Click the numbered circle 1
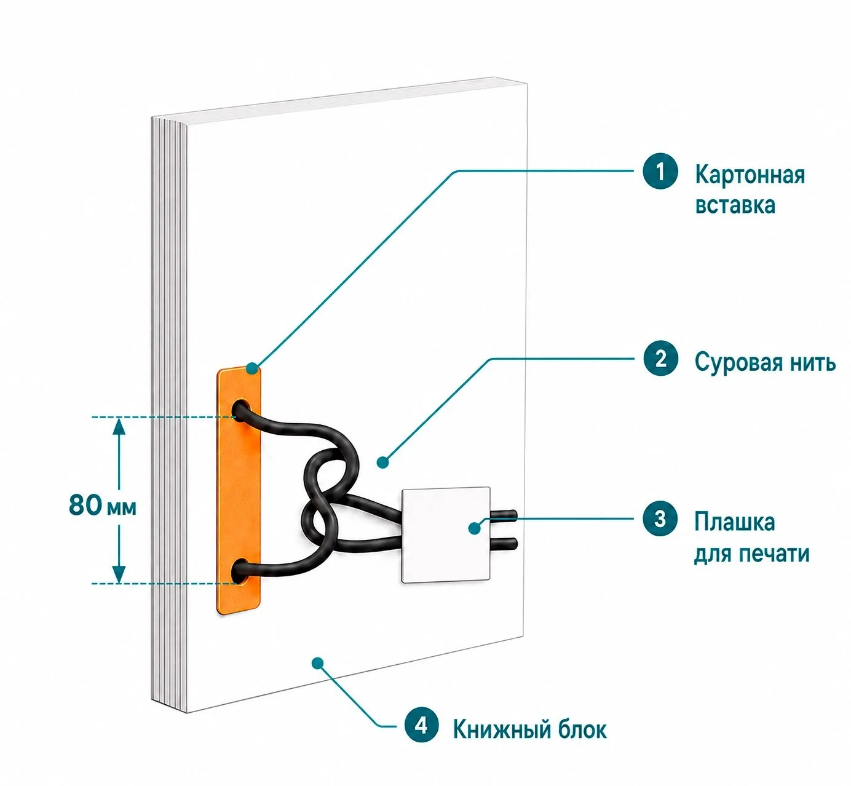tap(660, 170)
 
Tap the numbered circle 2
tap(660, 359)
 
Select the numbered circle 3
tap(660, 518)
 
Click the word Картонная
tap(750, 175)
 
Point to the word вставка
tap(735, 205)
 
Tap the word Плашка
tap(734, 522)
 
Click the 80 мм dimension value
tap(103, 505)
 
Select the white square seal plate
tap(446, 534)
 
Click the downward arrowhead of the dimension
tap(119, 574)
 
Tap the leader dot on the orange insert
tap(253, 368)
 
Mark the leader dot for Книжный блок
tap(317, 664)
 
